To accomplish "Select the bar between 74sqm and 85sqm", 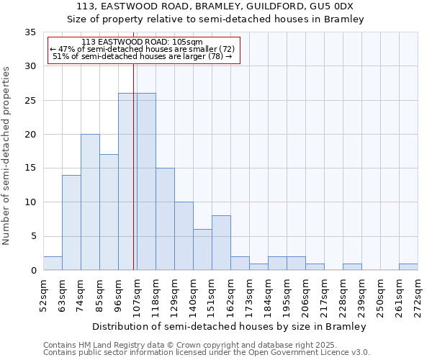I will (90, 202).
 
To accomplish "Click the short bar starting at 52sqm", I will (53, 263).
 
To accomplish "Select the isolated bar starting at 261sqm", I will (408, 266).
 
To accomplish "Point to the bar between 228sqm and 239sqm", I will (352, 266).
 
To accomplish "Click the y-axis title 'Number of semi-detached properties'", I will (7, 155).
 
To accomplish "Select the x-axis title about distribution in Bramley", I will (230, 326).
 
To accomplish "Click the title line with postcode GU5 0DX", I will (216, 6).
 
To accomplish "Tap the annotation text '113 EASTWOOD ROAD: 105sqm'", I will (142, 42).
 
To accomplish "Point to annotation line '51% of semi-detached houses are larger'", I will (142, 56).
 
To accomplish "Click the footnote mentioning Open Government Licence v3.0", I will (207, 353).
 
